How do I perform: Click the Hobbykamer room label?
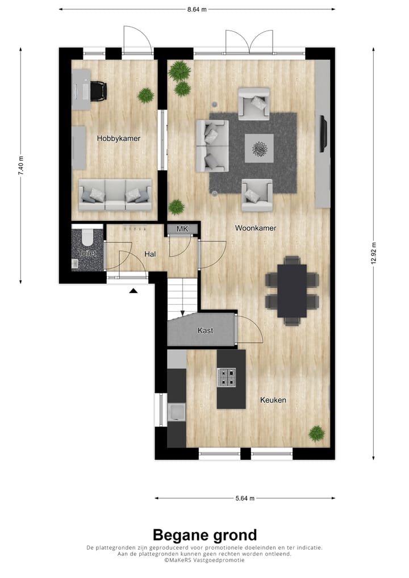tap(118, 138)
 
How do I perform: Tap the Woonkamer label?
tap(256, 228)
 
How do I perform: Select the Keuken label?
tap(273, 400)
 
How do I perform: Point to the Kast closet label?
tap(205, 330)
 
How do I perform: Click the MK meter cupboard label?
tap(182, 229)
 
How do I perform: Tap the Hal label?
tap(150, 254)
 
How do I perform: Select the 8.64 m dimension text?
tap(197, 9)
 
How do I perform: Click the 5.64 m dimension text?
tap(245, 499)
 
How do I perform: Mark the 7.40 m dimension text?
tap(22, 166)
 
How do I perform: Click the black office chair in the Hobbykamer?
tap(98, 90)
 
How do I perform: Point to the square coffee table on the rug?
tap(260, 149)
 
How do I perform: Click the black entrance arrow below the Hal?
tap(133, 291)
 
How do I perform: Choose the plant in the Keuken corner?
tap(316, 433)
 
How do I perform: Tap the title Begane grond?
tap(204, 534)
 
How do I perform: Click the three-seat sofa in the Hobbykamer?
tap(115, 195)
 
